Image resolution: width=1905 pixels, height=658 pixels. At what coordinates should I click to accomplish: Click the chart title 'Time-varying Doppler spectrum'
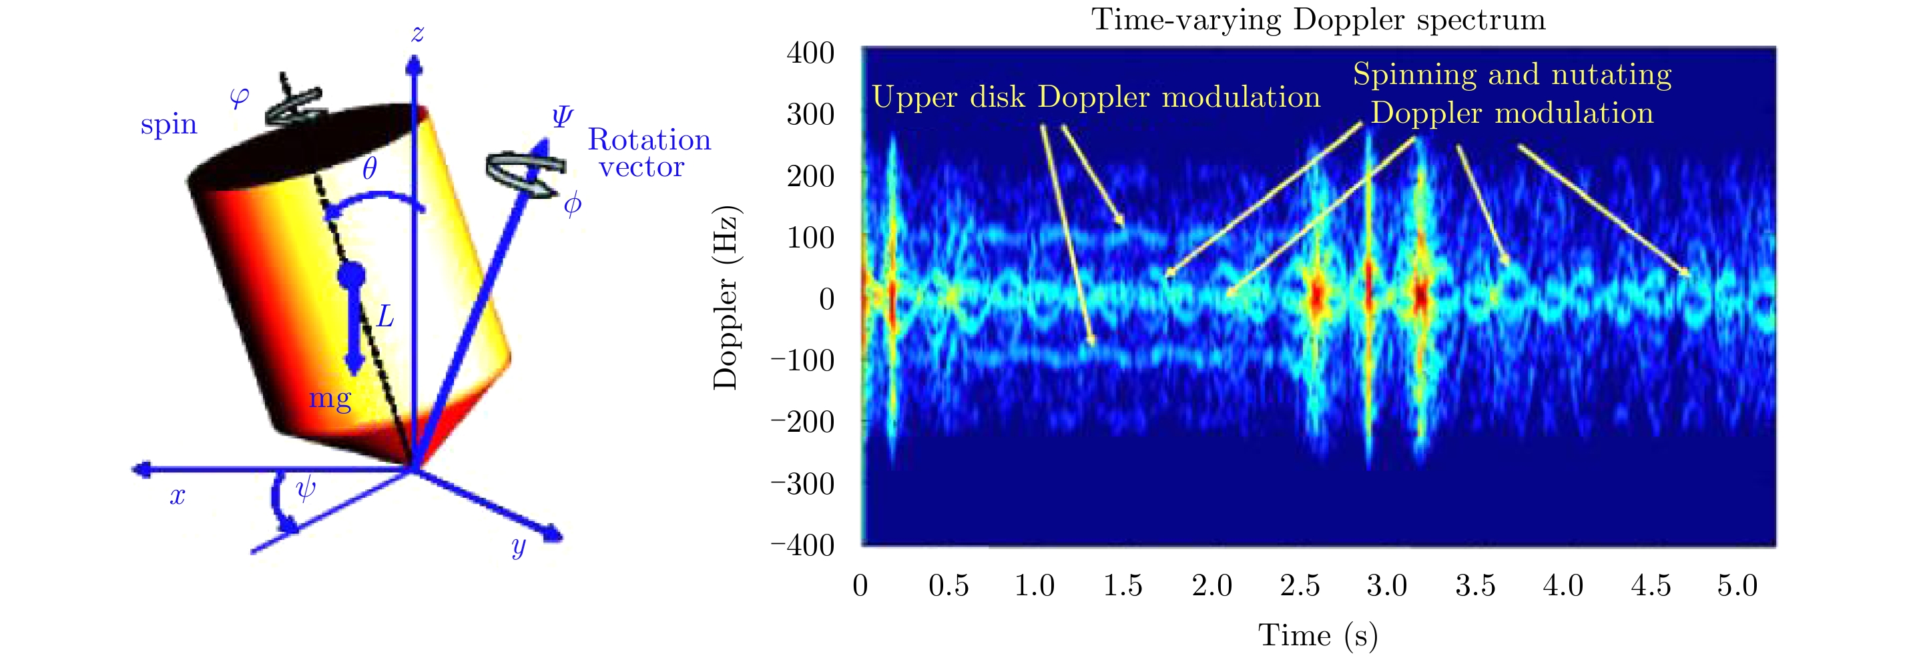[1318, 20]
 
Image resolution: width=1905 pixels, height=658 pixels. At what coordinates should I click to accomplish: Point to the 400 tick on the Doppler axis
[810, 53]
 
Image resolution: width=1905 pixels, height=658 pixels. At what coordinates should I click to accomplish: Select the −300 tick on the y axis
[803, 484]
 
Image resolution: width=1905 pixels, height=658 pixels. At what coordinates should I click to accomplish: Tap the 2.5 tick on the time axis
[1300, 585]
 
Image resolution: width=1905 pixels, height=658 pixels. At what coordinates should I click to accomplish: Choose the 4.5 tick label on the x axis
[1651, 585]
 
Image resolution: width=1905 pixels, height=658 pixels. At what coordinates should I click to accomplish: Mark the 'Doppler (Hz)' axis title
[726, 297]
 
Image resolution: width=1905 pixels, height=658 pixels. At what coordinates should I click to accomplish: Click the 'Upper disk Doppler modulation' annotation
[1096, 97]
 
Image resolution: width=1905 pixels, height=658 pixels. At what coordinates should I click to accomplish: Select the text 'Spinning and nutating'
[1513, 75]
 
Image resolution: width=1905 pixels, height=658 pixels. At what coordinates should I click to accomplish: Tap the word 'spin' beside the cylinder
[169, 124]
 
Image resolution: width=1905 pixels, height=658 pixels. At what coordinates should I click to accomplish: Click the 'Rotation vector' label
[649, 153]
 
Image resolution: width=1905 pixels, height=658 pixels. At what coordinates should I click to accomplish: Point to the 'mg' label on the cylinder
[330, 398]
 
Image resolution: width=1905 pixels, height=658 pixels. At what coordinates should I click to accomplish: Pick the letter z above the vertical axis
[418, 34]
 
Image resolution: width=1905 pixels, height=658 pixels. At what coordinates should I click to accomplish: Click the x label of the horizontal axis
[178, 496]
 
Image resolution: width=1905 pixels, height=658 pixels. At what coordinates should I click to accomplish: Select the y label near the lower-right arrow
[519, 547]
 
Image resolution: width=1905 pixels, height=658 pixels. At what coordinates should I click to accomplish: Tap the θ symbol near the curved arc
[370, 169]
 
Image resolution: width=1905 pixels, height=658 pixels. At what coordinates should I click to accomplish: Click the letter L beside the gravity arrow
[385, 317]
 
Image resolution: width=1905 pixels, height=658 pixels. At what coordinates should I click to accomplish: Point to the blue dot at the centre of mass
[350, 276]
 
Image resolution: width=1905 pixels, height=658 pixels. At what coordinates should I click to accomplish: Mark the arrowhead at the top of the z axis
[415, 67]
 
